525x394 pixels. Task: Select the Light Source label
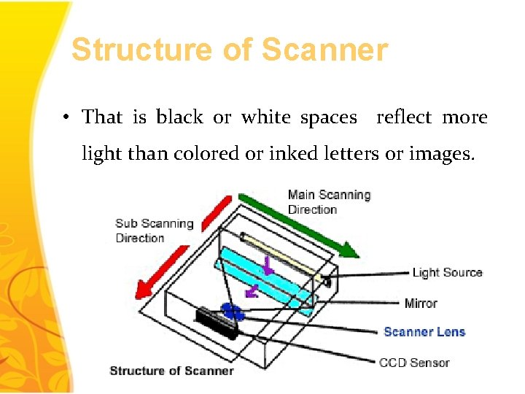(447, 273)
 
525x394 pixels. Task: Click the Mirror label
(421, 303)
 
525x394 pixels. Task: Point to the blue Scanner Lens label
(424, 332)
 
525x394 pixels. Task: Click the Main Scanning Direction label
(329, 202)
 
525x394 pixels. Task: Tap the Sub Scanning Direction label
(154, 231)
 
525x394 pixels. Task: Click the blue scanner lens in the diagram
(232, 312)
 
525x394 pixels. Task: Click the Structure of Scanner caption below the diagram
(171, 371)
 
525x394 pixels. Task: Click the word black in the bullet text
(179, 117)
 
